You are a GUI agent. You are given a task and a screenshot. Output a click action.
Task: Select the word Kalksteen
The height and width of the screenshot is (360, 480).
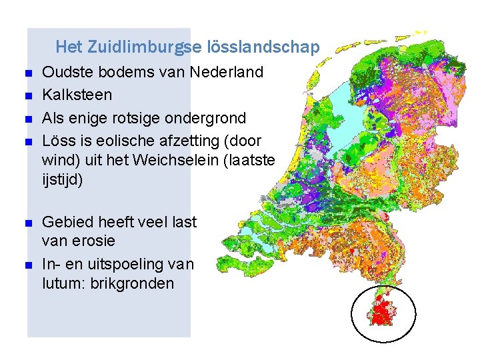pyautogui.click(x=77, y=95)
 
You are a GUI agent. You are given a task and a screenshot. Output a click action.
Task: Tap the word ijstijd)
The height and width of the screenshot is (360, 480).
pyautogui.click(x=62, y=180)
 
